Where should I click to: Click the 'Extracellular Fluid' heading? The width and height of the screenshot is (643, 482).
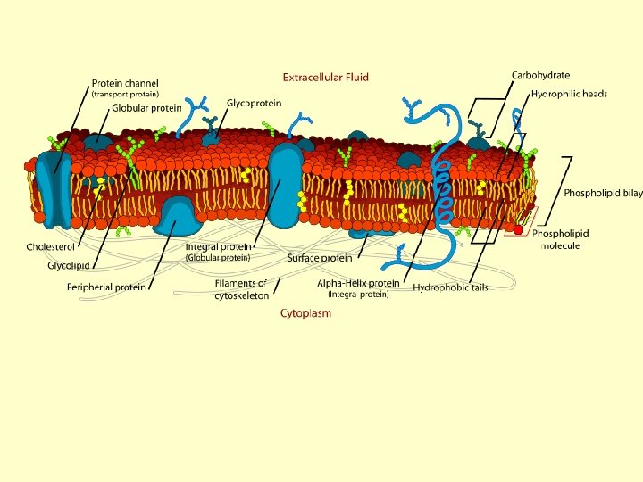tap(326, 78)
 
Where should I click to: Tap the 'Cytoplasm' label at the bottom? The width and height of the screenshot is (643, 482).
tap(305, 313)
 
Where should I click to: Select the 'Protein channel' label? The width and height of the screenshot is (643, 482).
tap(124, 84)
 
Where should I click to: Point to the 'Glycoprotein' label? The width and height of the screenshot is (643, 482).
tap(254, 104)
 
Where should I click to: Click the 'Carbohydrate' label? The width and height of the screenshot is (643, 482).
tap(540, 75)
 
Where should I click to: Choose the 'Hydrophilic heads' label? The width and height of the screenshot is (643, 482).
tap(569, 94)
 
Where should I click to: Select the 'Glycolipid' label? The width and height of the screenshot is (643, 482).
tap(69, 265)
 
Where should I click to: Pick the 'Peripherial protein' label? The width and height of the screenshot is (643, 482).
tap(105, 287)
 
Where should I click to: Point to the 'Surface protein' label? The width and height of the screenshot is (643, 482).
tap(320, 258)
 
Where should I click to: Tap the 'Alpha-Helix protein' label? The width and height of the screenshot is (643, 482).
tap(358, 283)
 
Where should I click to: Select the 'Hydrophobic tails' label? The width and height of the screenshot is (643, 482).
tap(450, 287)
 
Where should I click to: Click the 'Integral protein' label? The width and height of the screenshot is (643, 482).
tap(219, 247)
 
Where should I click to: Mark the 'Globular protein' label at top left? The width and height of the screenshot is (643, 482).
tap(146, 108)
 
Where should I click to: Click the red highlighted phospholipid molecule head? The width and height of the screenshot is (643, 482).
tap(518, 230)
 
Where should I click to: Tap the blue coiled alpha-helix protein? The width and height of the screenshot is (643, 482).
tap(440, 187)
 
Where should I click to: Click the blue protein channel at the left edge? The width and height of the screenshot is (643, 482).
tap(53, 187)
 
